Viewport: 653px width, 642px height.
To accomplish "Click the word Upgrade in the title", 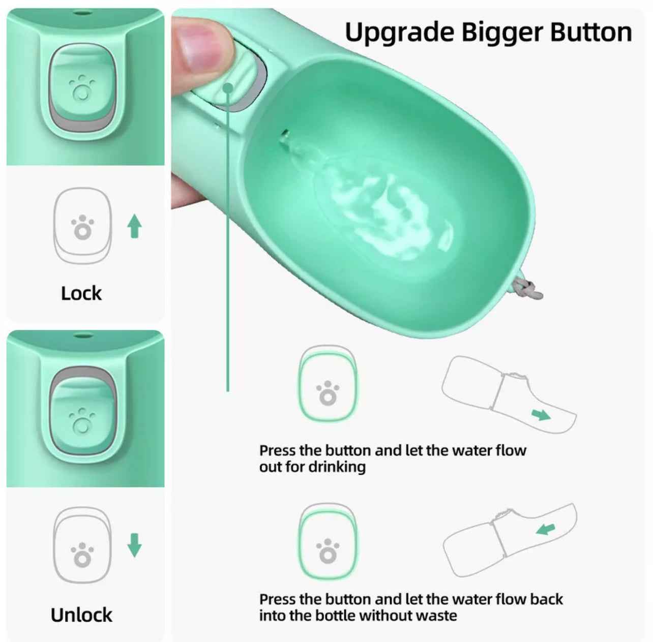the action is tap(400, 34).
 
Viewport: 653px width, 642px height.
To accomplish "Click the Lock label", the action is tap(81, 293).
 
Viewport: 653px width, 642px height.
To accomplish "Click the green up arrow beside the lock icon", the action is tap(135, 226).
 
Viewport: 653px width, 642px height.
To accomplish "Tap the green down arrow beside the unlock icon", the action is tap(135, 545).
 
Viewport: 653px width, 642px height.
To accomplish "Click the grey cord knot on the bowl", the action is tap(527, 290).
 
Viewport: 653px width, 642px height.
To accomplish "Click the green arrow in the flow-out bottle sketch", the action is tap(541, 415).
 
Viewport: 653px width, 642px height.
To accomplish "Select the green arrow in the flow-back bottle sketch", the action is tap(546, 529).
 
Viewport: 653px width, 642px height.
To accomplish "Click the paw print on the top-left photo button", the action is tap(82, 88).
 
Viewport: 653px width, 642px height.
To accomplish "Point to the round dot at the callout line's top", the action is tap(228, 88).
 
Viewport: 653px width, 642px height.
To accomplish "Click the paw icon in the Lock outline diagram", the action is tap(82, 227).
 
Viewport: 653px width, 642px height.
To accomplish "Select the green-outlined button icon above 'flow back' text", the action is tap(328, 542).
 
